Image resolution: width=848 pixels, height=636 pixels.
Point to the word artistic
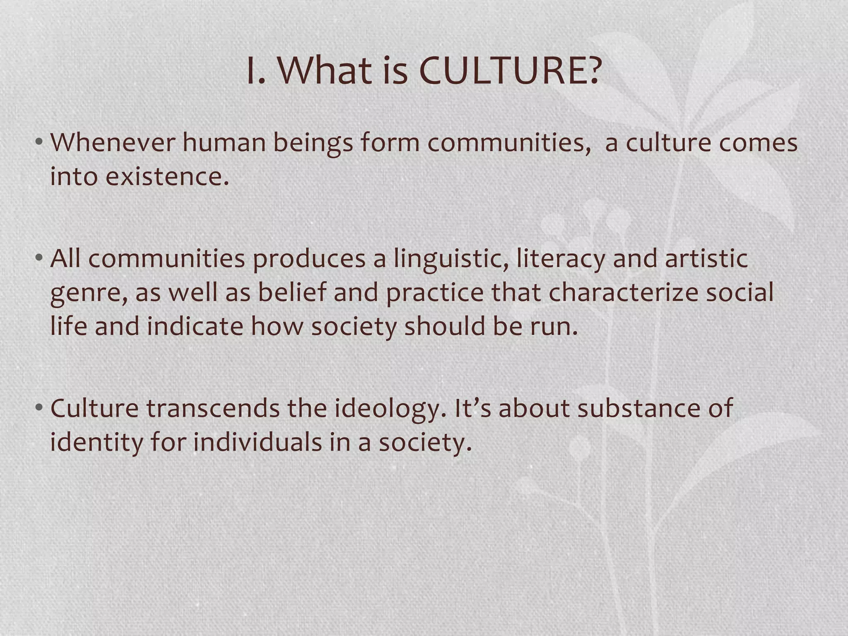(706, 258)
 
